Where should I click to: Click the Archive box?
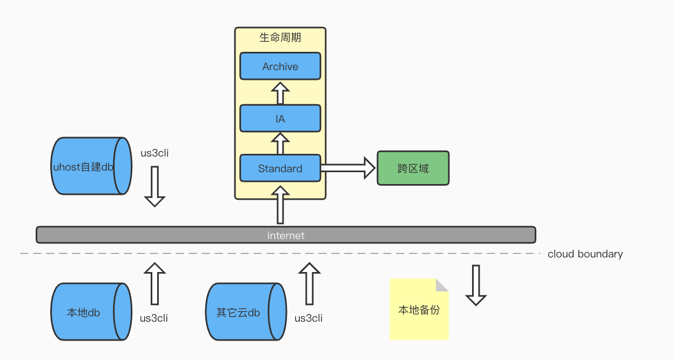point(280,66)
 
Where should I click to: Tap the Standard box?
point(280,168)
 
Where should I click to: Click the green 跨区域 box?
point(413,168)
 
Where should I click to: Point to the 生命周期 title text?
point(280,38)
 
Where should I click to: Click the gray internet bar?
point(286,235)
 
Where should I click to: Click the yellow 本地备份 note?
point(419,309)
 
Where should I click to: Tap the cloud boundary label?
point(585,254)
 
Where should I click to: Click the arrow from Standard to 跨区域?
point(348,168)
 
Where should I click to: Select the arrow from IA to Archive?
point(280,93)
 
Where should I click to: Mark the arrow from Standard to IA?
point(280,144)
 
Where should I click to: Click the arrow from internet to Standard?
point(280,205)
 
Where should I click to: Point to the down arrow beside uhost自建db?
point(154,187)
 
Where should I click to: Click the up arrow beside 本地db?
point(155,283)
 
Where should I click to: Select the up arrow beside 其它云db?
point(309,283)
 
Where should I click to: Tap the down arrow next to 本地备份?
point(476,285)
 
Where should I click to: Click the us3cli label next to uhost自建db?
point(154,153)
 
